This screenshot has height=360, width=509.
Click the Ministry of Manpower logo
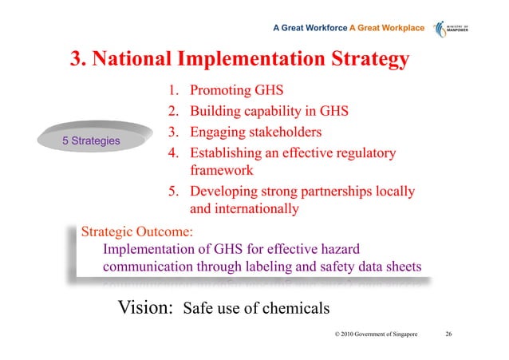[x=456, y=30]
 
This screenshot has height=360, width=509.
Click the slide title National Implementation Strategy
[x=239, y=59]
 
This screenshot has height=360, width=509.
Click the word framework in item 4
[x=222, y=170]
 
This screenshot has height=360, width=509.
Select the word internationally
[x=259, y=209]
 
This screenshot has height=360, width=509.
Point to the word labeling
[x=280, y=267]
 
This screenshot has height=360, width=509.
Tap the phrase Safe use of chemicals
[x=256, y=310]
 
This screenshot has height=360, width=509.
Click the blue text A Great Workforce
[x=310, y=29]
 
